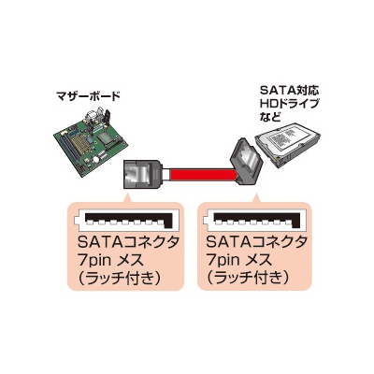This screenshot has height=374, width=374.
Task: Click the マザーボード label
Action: [x=89, y=95]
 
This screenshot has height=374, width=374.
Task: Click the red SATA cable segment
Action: [x=201, y=175]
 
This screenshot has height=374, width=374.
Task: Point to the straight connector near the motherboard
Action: [x=142, y=174]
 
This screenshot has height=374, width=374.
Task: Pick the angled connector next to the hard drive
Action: [x=246, y=162]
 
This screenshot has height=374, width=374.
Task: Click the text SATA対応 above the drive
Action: [x=290, y=92]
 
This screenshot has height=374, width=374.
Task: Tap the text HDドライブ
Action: [x=290, y=104]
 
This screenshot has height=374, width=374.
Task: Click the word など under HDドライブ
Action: [x=269, y=117]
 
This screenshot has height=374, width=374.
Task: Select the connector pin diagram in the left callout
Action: [x=124, y=220]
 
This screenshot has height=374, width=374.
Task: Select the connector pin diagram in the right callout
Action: [x=253, y=220]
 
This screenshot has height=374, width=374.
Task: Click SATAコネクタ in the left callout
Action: [x=128, y=242]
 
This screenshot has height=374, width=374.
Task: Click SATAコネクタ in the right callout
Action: [x=257, y=242]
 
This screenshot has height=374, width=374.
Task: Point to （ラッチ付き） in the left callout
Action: [x=120, y=277]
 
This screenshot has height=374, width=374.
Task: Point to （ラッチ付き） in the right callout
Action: [x=249, y=277]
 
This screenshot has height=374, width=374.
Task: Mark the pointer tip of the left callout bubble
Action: [x=127, y=193]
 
